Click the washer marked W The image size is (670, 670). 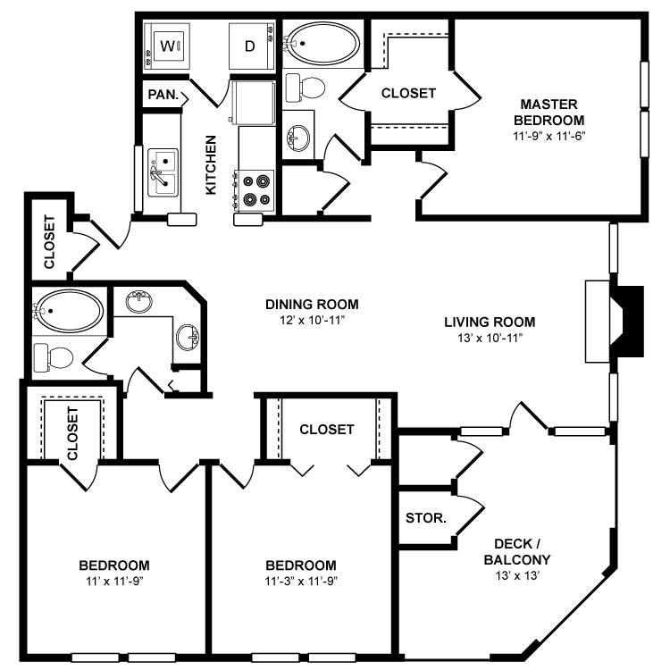click(x=167, y=46)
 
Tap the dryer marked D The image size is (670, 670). click(x=250, y=46)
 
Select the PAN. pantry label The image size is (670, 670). click(x=163, y=95)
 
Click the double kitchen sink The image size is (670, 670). click(x=163, y=172)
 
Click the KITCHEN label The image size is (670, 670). click(x=211, y=165)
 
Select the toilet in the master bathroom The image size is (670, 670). click(x=306, y=88)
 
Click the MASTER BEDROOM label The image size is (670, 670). click(x=549, y=112)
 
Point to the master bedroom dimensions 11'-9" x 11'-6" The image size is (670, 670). click(x=549, y=137)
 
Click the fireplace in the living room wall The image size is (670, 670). click(x=614, y=322)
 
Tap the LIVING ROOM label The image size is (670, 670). click(x=490, y=322)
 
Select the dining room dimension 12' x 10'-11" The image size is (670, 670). click(x=312, y=321)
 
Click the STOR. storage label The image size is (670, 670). click(x=426, y=518)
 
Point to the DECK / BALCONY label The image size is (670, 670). click(x=517, y=552)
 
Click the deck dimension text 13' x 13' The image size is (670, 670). click(x=517, y=575)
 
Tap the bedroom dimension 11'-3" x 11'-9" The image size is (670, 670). click(x=301, y=582)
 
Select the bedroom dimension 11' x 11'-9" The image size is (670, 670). click(x=114, y=582)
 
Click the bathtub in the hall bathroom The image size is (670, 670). click(x=69, y=311)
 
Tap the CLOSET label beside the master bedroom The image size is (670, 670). click(x=408, y=93)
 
